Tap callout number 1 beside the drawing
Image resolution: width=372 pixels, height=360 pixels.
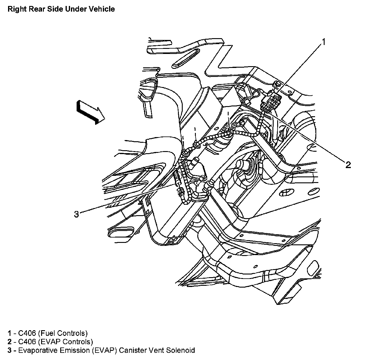coord(323,42)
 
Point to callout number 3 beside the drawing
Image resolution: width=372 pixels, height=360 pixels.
coord(77,214)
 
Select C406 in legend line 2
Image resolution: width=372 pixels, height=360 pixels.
coord(27,342)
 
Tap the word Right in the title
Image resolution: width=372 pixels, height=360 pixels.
coord(15,9)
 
